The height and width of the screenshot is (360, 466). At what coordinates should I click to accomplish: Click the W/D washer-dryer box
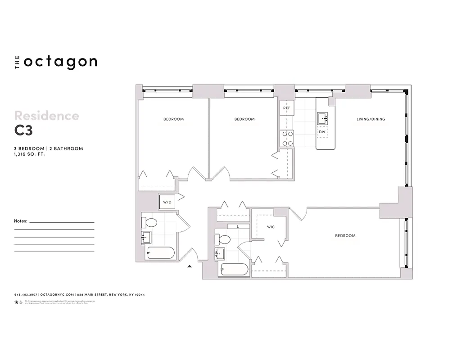(x=167, y=202)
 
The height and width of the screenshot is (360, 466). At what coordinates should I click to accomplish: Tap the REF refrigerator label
(x=286, y=108)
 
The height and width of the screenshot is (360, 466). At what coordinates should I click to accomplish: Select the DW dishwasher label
(x=322, y=132)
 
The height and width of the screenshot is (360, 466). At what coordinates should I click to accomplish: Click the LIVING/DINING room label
(x=371, y=119)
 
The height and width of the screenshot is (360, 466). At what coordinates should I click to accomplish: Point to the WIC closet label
(x=271, y=227)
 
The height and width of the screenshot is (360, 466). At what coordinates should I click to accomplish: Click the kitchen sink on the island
(x=323, y=118)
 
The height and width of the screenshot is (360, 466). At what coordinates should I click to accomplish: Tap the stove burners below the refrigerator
(x=286, y=139)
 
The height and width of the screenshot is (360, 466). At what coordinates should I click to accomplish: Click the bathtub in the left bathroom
(x=160, y=253)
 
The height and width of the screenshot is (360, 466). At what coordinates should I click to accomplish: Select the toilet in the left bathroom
(x=149, y=222)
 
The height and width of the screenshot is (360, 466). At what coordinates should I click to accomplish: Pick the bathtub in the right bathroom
(x=234, y=270)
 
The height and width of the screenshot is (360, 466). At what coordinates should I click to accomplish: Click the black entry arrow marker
(x=190, y=266)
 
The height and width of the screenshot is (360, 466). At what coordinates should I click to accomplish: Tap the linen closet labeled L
(x=238, y=226)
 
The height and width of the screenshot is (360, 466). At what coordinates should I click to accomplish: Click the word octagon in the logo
(x=60, y=62)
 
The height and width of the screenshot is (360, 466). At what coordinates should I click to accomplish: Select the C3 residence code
(x=23, y=130)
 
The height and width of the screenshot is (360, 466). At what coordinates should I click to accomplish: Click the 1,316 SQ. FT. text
(x=30, y=154)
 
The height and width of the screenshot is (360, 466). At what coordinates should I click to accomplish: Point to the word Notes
(x=21, y=221)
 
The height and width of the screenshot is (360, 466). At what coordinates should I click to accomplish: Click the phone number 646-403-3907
(x=26, y=295)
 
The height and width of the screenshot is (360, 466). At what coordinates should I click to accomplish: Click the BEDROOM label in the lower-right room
(x=345, y=235)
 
